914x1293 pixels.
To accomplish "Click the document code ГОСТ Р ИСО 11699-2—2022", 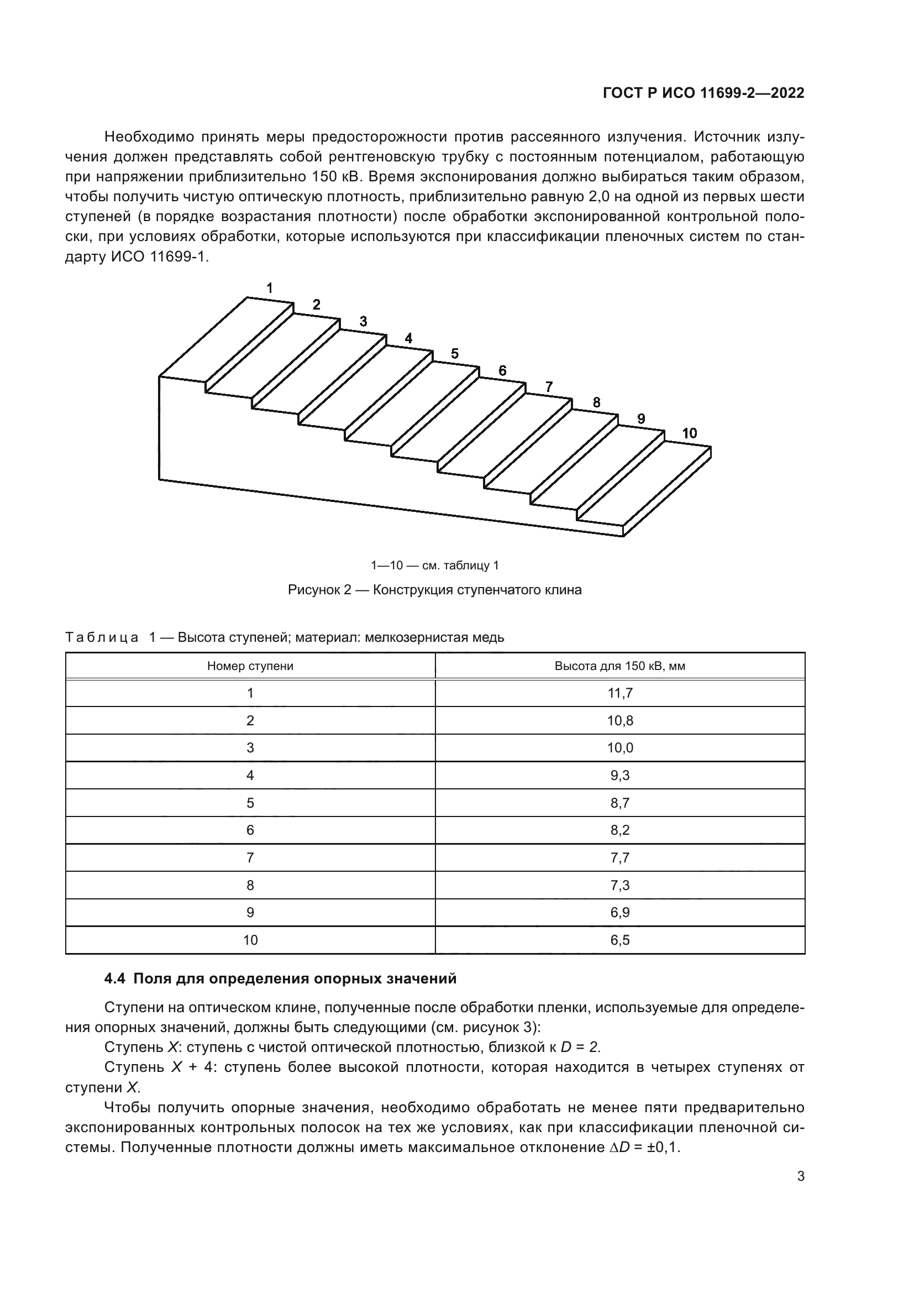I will coord(703,93).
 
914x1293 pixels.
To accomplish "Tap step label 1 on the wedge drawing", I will coord(270,289).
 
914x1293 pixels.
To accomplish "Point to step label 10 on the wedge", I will coord(689,433).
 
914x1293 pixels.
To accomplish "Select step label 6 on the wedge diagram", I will coord(502,370).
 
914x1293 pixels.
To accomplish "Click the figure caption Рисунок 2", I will coord(434,590).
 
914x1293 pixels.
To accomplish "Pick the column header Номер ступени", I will coord(250,666).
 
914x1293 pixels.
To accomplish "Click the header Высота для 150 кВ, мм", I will coord(619,666).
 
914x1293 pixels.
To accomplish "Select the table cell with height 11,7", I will coord(619,693).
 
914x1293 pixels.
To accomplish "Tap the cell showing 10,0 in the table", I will coord(619,748).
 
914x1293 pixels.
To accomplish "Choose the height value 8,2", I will coord(619,830).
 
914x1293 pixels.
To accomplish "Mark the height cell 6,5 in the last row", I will coord(619,940).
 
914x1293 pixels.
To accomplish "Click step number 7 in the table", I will coord(250,858).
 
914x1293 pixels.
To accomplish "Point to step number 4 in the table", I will coord(250,776).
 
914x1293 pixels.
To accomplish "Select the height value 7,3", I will coord(619,885).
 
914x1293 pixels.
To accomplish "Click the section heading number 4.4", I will coord(115,979).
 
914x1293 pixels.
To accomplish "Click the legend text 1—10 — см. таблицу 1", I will coord(434,566).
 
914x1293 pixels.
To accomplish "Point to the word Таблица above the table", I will coord(102,637).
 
